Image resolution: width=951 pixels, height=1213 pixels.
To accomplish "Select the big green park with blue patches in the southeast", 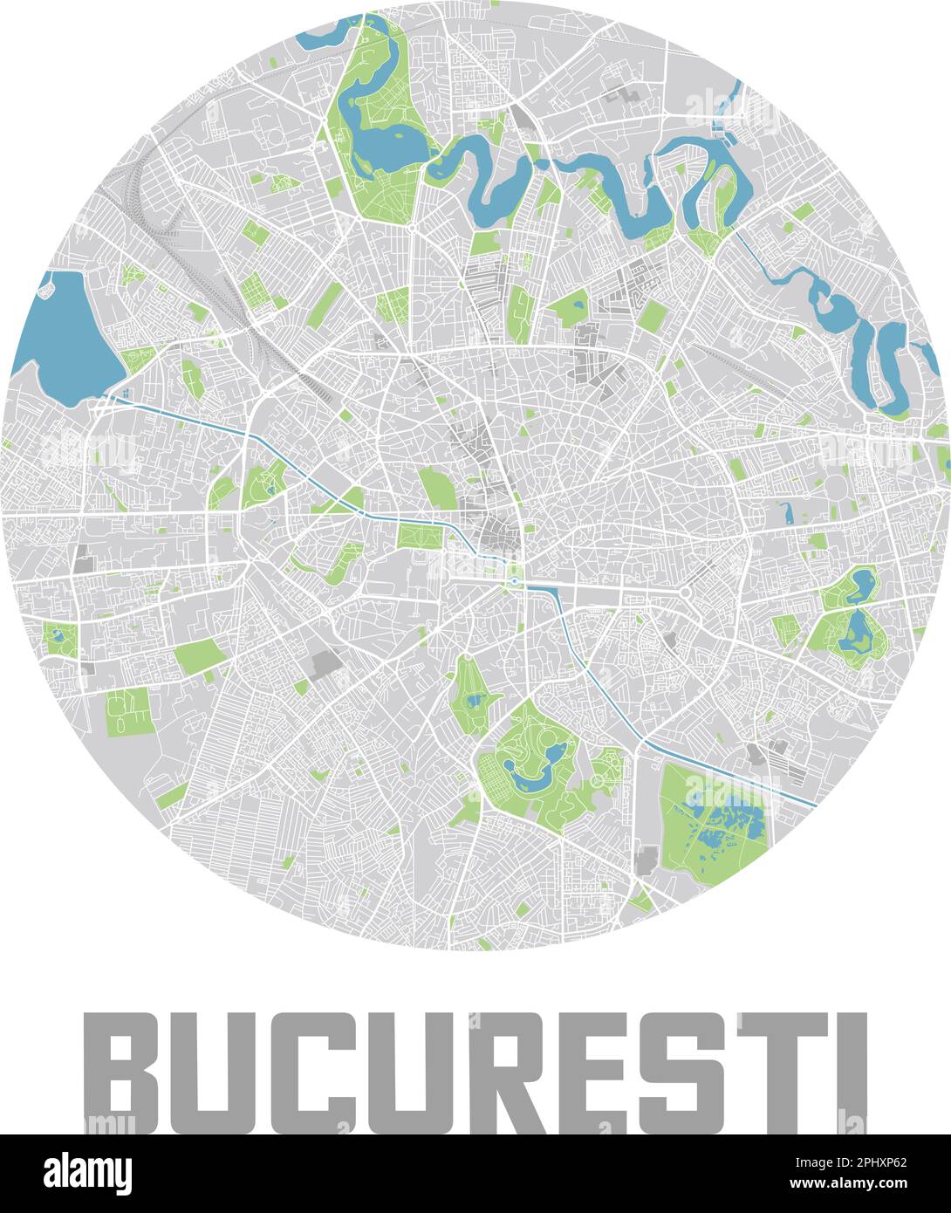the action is click(711, 820).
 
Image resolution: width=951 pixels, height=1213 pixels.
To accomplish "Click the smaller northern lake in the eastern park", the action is click(863, 580).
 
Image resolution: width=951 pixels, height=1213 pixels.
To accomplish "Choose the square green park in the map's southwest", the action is click(127, 710).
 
